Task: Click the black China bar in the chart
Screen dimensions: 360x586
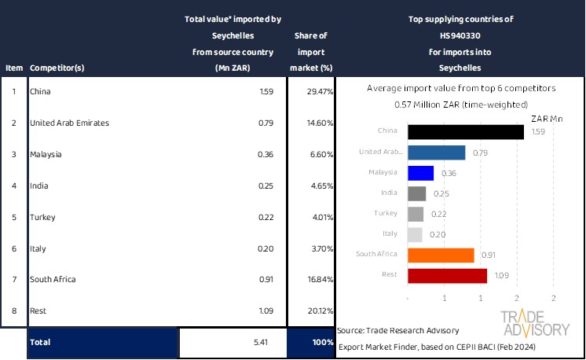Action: [x=466, y=131]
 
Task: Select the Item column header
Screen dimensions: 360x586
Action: [x=13, y=68]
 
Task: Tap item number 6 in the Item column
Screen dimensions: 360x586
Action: [x=13, y=248]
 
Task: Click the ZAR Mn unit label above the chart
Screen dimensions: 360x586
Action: [x=547, y=119]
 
